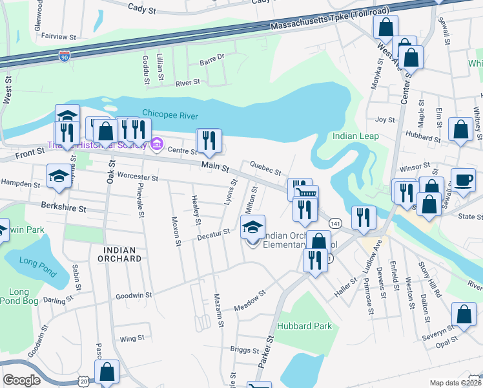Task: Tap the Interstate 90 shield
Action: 64,56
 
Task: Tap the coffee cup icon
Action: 462,180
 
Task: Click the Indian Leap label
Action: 353,136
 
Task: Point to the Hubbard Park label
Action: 305,326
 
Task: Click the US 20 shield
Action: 85,383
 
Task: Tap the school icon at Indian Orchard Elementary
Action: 253,227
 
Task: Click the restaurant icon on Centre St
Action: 209,142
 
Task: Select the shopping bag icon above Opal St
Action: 464,315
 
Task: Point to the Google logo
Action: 21,380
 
